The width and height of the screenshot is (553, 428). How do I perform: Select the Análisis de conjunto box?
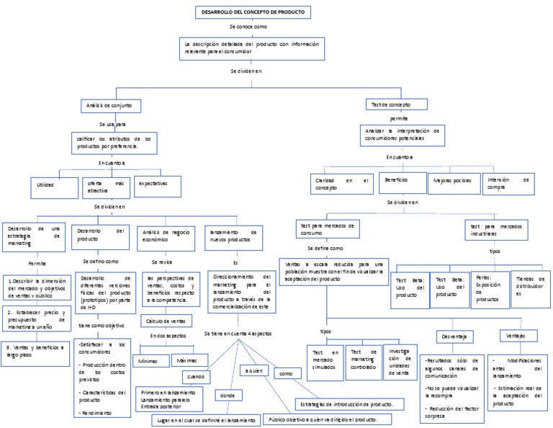point(109,105)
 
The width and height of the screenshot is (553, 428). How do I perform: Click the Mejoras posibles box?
point(452,182)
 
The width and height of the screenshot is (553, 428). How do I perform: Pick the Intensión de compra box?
point(509,183)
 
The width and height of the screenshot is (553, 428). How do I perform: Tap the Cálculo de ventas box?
point(166,320)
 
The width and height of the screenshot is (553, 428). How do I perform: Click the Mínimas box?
point(149,359)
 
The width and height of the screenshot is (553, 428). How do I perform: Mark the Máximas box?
point(189,359)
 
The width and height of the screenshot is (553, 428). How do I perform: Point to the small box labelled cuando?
point(196,376)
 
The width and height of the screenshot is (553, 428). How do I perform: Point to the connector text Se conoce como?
point(248,26)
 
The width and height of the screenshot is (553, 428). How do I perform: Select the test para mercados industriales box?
point(496,229)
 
